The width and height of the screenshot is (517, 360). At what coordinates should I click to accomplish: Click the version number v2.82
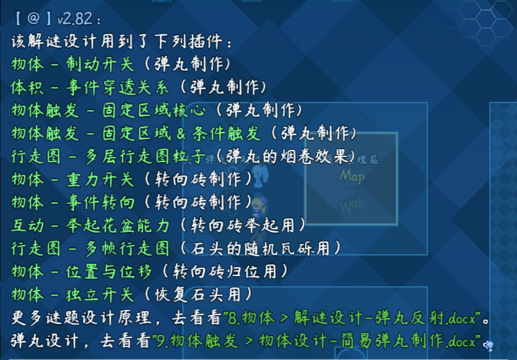(x=75, y=18)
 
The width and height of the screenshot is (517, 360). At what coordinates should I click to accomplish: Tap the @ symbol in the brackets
(x=34, y=18)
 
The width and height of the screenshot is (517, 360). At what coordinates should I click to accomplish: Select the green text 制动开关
(x=100, y=63)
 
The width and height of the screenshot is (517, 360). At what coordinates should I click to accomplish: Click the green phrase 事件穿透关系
(x=117, y=87)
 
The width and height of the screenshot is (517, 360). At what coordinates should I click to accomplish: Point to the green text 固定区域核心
(x=154, y=110)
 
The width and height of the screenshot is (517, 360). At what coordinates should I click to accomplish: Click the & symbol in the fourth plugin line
(x=181, y=133)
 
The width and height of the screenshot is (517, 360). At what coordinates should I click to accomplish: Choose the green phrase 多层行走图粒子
(x=145, y=156)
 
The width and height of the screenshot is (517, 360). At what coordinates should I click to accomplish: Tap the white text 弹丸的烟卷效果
(x=286, y=156)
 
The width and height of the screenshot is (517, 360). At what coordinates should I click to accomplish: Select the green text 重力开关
(x=100, y=179)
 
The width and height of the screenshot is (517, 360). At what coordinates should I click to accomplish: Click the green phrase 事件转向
(x=100, y=202)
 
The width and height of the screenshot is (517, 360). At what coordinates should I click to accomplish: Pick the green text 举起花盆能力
(x=117, y=225)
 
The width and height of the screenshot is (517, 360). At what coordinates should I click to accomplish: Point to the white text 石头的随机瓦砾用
(x=260, y=248)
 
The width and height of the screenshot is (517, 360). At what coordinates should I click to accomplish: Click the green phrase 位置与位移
(x=109, y=271)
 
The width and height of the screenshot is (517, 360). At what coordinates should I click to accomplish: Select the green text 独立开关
(x=100, y=294)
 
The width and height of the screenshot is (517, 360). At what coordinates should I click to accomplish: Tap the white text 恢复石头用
(x=198, y=294)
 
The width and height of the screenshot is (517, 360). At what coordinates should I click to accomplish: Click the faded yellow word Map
(x=352, y=176)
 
